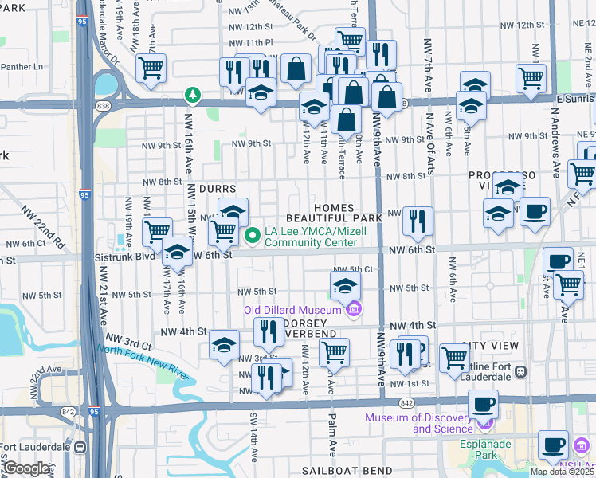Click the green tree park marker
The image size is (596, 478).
(x=192, y=96)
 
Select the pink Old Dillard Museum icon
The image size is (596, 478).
(x=354, y=309)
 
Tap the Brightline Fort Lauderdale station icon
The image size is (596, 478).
(x=521, y=371)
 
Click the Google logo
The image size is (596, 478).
(x=27, y=468)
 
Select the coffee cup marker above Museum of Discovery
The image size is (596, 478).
(x=483, y=405)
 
